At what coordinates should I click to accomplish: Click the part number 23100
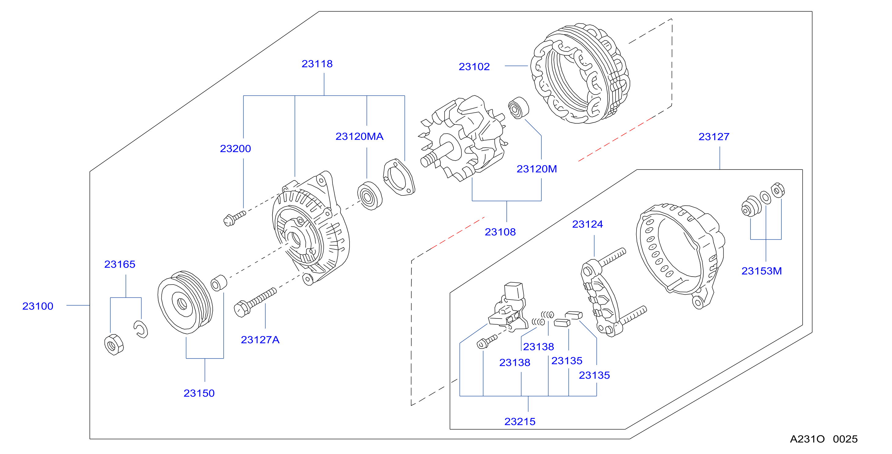38,306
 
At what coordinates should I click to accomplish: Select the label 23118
317,64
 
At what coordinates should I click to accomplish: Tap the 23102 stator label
474,67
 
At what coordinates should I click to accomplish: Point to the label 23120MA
359,136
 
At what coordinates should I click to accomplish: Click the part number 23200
236,149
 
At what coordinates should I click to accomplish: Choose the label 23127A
260,340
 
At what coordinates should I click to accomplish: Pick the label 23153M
762,271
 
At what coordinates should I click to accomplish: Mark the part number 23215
520,422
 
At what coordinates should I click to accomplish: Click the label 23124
587,224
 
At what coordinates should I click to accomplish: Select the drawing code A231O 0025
824,439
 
